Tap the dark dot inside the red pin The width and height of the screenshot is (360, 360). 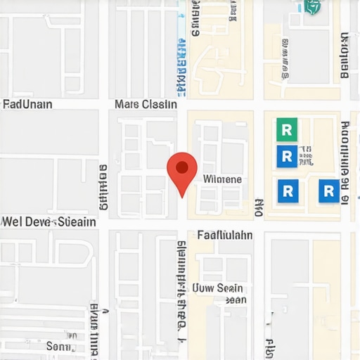(182, 167)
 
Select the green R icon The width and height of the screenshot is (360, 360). (287, 129)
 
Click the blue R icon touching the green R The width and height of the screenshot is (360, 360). (287, 155)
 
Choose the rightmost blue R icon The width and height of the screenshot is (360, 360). (328, 191)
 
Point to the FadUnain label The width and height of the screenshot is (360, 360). (27, 105)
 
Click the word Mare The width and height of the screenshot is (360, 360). (127, 105)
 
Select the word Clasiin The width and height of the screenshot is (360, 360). (160, 105)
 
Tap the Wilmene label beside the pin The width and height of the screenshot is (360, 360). (222, 179)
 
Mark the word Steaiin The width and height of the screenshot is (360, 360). (76, 222)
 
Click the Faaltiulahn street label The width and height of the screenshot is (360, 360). (225, 236)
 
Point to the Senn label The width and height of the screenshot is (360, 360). (59, 346)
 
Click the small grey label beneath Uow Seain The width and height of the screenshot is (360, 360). (236, 300)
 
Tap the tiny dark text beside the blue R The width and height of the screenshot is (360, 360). (304, 156)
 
